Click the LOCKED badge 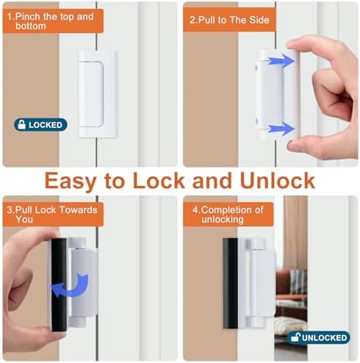[x=40, y=125]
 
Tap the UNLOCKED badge [x=319, y=337]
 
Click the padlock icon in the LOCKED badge [x=21, y=125]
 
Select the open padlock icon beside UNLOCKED [x=295, y=337]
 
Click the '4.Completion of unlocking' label [x=228, y=215]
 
